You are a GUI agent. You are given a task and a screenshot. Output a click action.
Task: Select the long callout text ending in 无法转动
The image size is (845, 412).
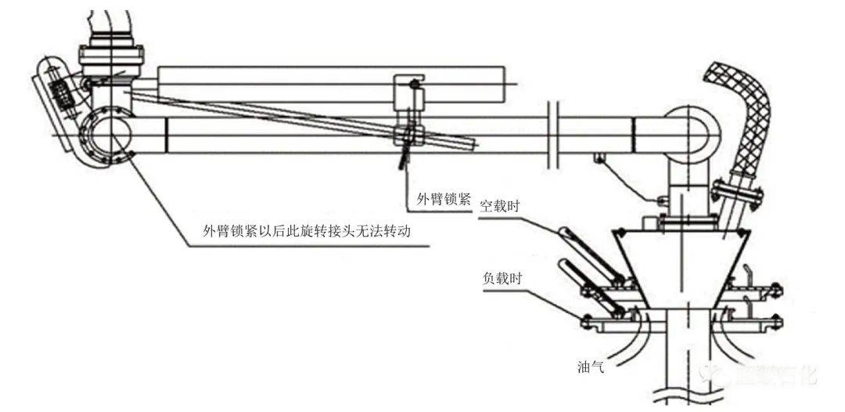tap(307, 232)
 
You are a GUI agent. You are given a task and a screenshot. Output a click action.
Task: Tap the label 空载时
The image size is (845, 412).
tap(499, 206)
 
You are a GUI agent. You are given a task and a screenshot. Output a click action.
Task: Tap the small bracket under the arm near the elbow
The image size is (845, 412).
tap(601, 159)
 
